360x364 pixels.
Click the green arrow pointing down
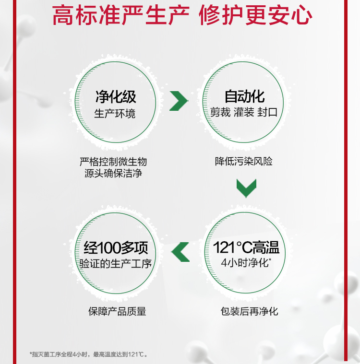246,188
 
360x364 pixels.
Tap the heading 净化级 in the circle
116,96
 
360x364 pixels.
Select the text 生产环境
115,114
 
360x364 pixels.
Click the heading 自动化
244,96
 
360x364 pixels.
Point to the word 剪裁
220,113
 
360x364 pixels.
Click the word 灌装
245,113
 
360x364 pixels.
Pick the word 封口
268,113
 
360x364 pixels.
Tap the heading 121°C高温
246,247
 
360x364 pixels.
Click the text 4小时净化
245,263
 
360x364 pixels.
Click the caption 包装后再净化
249,311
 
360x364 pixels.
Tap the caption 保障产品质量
117,311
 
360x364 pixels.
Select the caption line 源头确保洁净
113,173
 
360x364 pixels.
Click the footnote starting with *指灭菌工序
89,354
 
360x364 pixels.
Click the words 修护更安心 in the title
255,15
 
